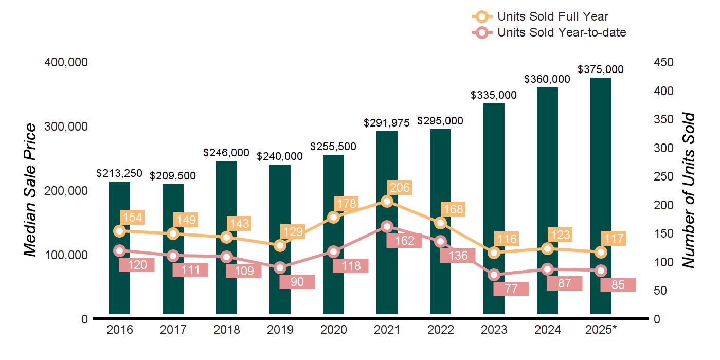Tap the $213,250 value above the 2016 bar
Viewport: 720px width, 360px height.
point(119,173)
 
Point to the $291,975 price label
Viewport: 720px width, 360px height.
point(387,123)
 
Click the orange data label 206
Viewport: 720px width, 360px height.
point(399,188)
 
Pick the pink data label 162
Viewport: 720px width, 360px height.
point(405,241)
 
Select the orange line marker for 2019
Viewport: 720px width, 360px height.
point(280,245)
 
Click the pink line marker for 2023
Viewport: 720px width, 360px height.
point(494,275)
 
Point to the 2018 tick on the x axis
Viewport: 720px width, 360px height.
point(226,330)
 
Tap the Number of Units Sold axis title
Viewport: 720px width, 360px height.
point(688,190)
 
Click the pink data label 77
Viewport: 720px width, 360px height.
point(511,289)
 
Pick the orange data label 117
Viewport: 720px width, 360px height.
point(614,239)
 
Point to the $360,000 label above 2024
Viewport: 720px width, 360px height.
point(547,79)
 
